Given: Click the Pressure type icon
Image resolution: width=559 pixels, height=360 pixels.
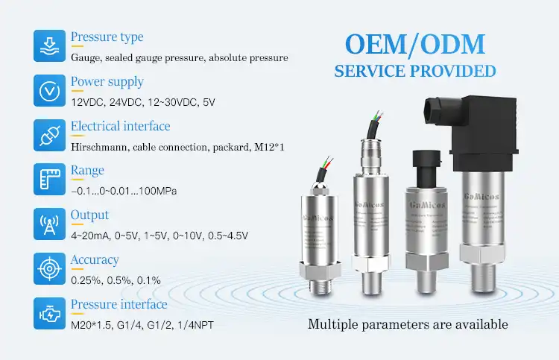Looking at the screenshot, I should tap(47, 45).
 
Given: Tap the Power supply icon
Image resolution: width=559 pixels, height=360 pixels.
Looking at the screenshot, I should tap(47, 90).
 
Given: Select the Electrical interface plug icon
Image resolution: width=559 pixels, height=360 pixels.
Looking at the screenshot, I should tap(47, 135).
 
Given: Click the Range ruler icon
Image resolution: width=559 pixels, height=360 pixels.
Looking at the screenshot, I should tap(47, 180).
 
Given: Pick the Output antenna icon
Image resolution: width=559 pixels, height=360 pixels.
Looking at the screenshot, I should tap(47, 224).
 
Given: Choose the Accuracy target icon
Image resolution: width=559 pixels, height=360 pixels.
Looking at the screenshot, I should tap(47, 268).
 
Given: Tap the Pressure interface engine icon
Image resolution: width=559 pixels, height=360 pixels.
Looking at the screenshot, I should tap(47, 313).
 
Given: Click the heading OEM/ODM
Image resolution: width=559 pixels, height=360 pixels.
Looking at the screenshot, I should tap(414, 43).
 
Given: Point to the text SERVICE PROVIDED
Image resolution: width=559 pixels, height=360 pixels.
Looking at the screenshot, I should tap(414, 72).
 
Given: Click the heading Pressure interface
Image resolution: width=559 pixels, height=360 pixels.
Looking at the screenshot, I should tap(119, 304).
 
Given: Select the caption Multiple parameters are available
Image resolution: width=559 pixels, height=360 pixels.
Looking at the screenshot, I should tap(408, 324).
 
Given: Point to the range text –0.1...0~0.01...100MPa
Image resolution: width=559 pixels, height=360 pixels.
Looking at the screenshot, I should tap(123, 192).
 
